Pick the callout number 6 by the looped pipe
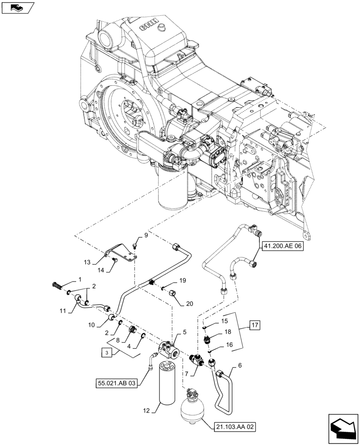pos(241,365)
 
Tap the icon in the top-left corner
pos(17,8)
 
